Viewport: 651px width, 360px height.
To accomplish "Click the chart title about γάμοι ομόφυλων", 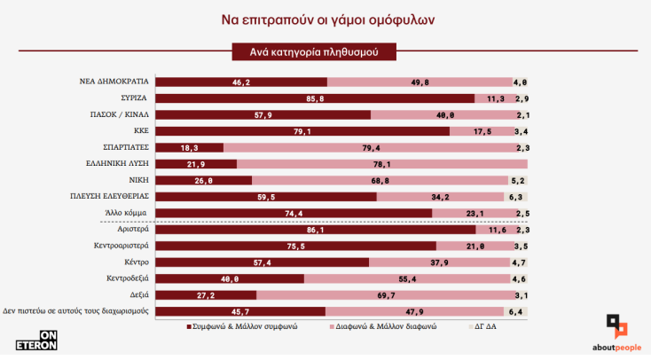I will pyautogui.click(x=325, y=18).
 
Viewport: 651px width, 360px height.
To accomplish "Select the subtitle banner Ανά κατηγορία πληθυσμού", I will pyautogui.click(x=313, y=52).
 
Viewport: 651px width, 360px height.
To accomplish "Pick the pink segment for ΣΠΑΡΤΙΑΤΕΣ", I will pyautogui.click(x=373, y=148).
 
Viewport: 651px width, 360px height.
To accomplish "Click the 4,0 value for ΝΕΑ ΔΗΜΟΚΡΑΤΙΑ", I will pyautogui.click(x=521, y=82).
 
